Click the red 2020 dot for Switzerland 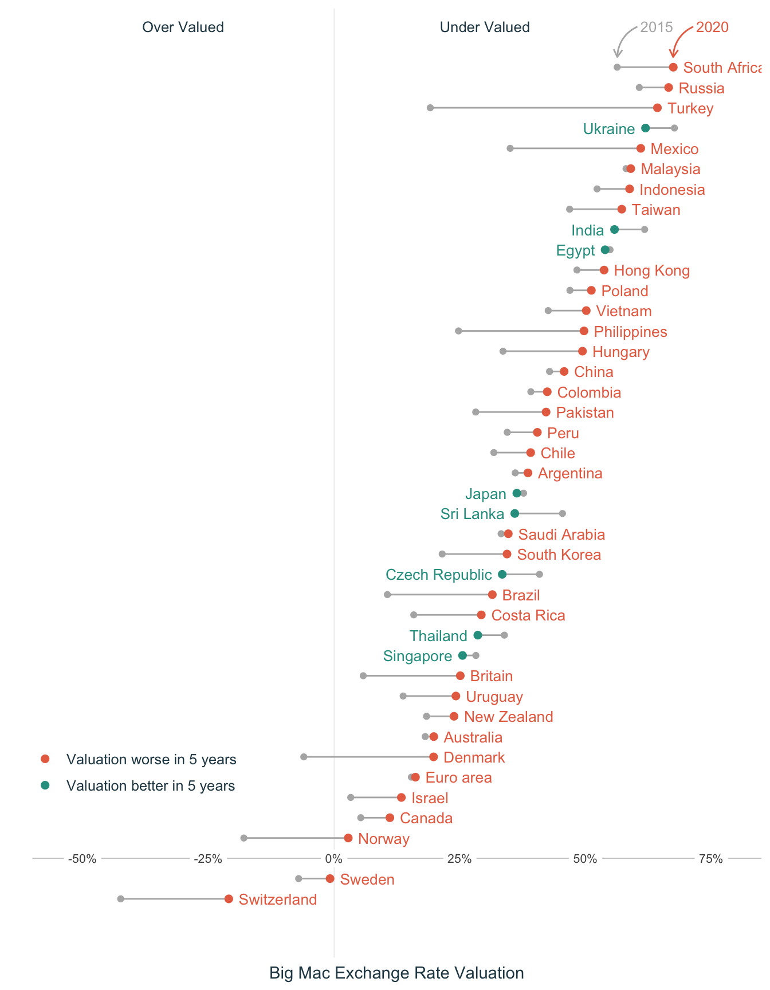coord(229,899)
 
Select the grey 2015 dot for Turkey coord(430,108)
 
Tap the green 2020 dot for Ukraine coord(646,128)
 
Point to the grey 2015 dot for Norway coord(244,838)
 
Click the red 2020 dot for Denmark coord(434,757)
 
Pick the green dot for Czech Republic coord(502,574)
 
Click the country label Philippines coord(630,332)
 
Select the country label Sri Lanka coord(472,514)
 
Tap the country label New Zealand coord(508,717)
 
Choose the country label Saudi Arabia coord(561,535)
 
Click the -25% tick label coord(208,859)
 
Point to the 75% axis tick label coord(710,859)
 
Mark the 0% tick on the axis coord(334,859)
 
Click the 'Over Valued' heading coord(183,27)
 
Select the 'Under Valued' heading coord(485,27)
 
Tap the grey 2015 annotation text coord(656,27)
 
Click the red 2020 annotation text coord(712,27)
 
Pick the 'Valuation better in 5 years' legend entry coord(151,785)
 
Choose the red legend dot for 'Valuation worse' coord(45,759)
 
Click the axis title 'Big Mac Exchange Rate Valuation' coord(396,973)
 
